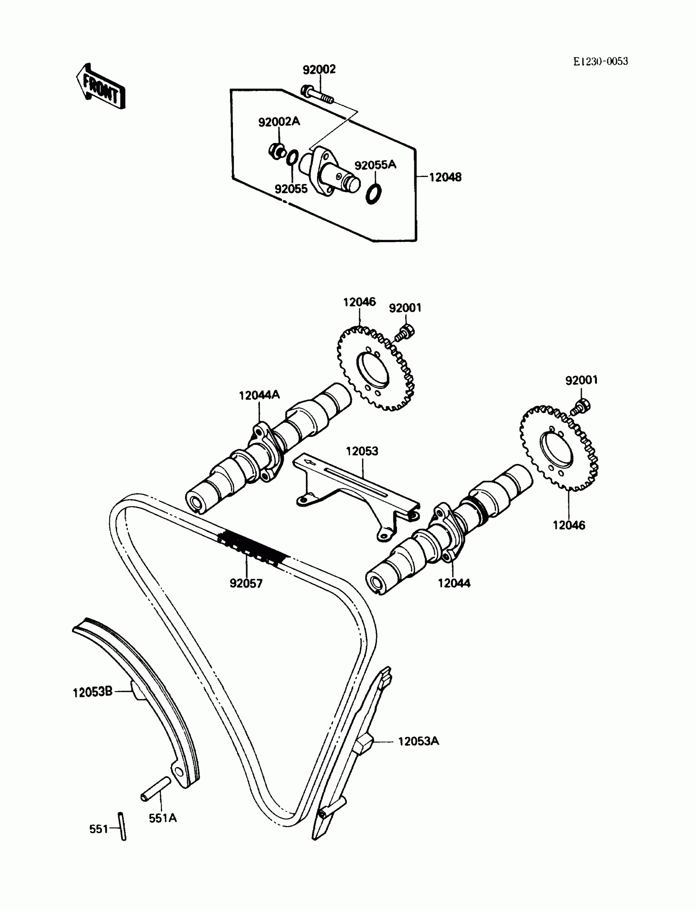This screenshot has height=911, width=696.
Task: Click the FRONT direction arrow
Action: [x=101, y=86]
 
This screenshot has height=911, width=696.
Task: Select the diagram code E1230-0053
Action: [x=600, y=61]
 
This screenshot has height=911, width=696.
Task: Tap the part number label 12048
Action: [x=445, y=177]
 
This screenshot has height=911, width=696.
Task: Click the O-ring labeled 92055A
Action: [x=374, y=193]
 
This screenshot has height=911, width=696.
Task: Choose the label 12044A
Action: [x=259, y=395]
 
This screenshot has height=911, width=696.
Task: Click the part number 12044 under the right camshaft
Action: [x=454, y=583]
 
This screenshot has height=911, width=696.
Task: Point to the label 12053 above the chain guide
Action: [x=362, y=451]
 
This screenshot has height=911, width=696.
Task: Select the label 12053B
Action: [x=93, y=692]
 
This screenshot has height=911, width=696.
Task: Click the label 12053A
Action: [x=418, y=741]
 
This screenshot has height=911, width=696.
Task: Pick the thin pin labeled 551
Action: [x=122, y=826]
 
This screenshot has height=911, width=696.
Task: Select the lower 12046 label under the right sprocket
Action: [x=568, y=525]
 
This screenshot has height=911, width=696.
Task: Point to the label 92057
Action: [x=246, y=584]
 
